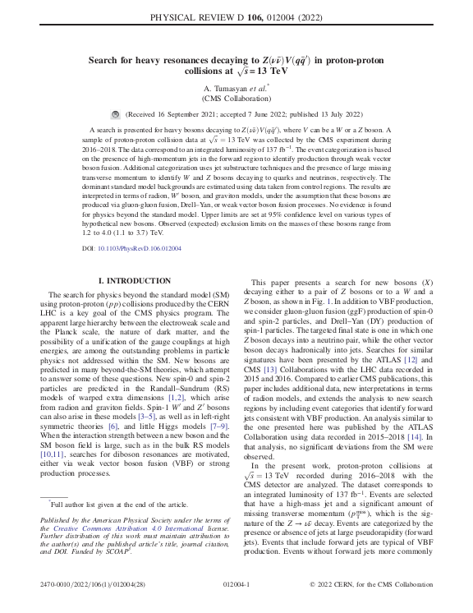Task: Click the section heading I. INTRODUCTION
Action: pos(135,281)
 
